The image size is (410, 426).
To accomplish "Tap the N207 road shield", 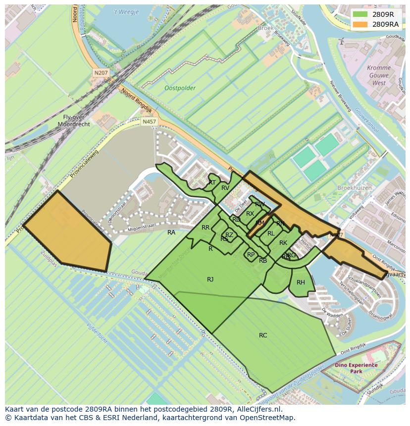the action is click(x=101, y=73).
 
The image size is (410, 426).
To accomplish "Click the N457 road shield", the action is click(x=148, y=121).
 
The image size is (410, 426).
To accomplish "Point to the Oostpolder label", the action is click(x=180, y=88).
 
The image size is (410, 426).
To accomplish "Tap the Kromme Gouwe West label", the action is click(x=379, y=75).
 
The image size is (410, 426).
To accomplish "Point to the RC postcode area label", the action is click(x=263, y=335).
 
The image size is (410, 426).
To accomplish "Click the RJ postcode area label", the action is click(x=210, y=280).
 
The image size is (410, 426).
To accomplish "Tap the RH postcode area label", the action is click(x=301, y=283).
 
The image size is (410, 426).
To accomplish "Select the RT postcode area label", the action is click(x=212, y=183).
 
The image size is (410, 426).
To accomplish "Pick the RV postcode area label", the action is click(x=225, y=188).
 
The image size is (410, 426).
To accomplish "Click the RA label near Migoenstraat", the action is click(x=171, y=233).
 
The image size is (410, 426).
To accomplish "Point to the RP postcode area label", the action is click(x=251, y=255).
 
